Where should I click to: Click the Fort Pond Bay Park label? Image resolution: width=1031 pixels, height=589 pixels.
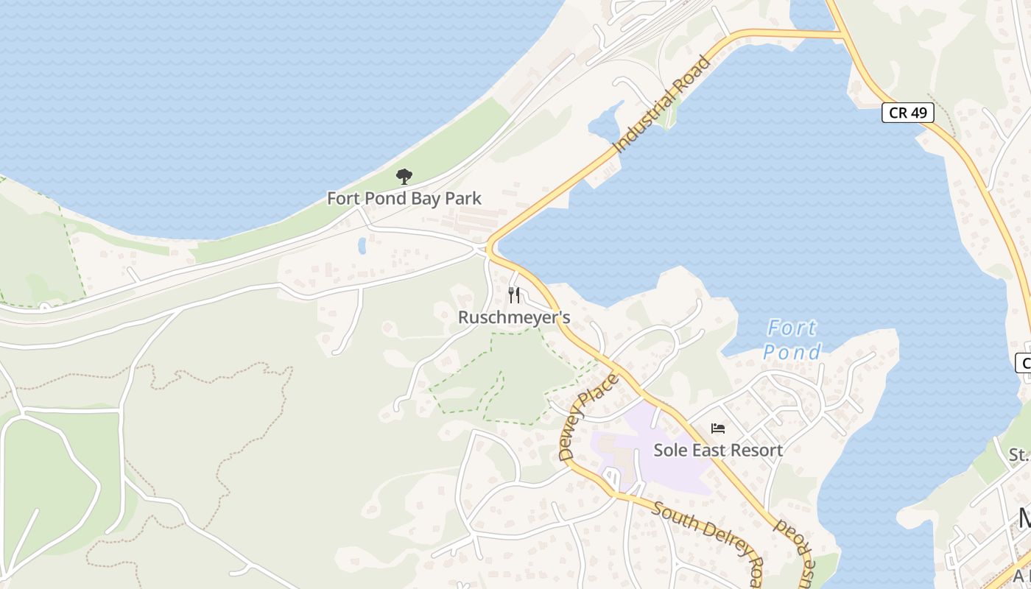click(x=404, y=198)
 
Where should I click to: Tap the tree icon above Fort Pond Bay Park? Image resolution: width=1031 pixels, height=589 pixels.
click(x=404, y=177)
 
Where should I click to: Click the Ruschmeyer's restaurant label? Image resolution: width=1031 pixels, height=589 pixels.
click(x=514, y=317)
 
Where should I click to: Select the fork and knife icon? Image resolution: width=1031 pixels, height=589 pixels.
click(x=514, y=295)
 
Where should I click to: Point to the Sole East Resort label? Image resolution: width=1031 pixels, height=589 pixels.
click(x=718, y=450)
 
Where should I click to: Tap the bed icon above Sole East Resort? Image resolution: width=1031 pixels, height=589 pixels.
click(x=718, y=428)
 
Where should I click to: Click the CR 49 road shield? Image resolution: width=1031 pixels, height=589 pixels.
click(x=907, y=113)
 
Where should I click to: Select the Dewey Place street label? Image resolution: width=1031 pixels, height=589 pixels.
click(x=588, y=417)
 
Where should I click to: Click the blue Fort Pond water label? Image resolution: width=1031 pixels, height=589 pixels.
click(x=792, y=339)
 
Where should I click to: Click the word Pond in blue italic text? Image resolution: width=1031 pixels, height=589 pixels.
click(x=792, y=352)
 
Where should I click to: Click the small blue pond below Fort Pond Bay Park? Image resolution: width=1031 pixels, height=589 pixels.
click(x=362, y=245)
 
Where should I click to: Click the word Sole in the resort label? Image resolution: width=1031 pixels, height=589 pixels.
click(x=669, y=450)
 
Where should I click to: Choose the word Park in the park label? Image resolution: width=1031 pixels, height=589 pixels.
click(x=464, y=198)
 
